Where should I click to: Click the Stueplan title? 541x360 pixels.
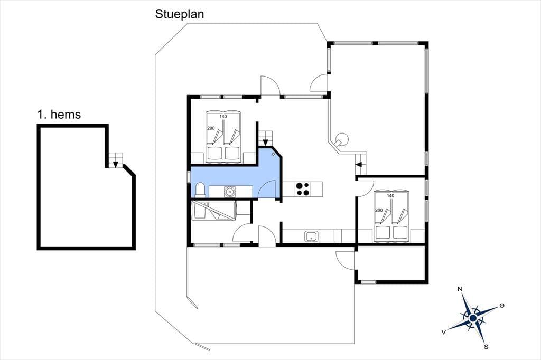tap(180, 14)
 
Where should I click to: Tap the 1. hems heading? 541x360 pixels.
tap(59, 115)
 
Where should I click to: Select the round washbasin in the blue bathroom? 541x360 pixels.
tap(229, 191)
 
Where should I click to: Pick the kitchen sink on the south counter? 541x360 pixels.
tap(312, 236)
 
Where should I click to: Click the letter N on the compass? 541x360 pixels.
tap(460, 289)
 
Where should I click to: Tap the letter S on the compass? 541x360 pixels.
tap(486, 347)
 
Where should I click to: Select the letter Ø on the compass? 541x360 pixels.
tap(502, 306)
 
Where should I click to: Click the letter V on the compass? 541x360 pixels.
tap(444, 331)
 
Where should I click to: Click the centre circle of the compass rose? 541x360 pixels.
tap(473, 318)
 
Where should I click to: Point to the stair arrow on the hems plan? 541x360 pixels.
tap(116, 164)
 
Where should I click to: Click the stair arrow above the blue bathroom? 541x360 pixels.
tap(265, 142)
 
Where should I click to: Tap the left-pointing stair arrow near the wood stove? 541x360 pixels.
tap(359, 165)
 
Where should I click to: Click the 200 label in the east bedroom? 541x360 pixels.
tap(379, 210)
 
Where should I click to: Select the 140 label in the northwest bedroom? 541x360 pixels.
tap(223, 116)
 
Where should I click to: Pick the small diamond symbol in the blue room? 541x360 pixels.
tap(273, 154)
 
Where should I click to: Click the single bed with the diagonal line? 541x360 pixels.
tap(214, 211)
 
